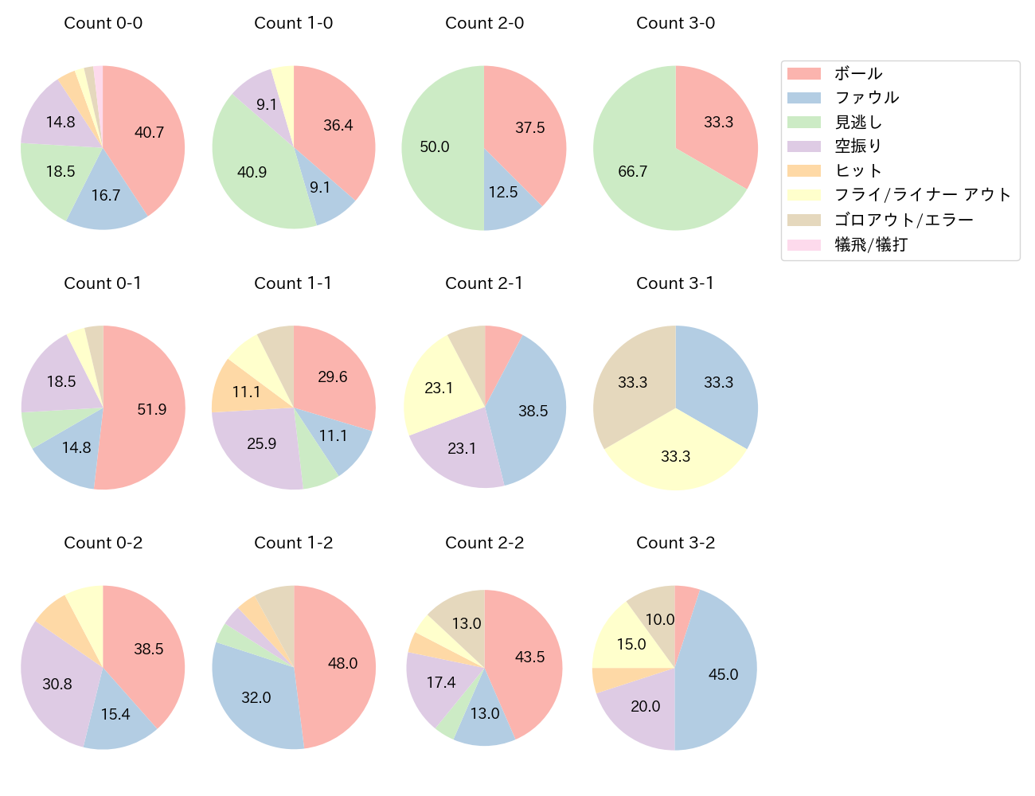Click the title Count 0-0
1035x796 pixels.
click(x=103, y=23)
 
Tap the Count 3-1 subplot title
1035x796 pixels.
click(x=675, y=283)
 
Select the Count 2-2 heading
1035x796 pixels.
click(x=484, y=543)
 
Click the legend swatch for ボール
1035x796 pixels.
click(x=803, y=74)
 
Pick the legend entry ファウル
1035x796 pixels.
click(x=866, y=98)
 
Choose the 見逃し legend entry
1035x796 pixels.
click(x=858, y=123)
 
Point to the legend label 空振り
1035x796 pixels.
click(x=858, y=146)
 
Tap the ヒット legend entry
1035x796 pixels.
click(x=858, y=170)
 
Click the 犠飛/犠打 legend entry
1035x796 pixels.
click(x=870, y=244)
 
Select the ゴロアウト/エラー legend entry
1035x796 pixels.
click(x=904, y=220)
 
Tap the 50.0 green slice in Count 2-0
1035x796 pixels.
click(x=438, y=148)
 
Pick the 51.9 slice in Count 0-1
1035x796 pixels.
click(x=147, y=410)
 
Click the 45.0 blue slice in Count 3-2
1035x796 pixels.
click(x=721, y=677)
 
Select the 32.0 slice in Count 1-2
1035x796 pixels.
click(x=255, y=696)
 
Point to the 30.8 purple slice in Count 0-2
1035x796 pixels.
click(x=57, y=684)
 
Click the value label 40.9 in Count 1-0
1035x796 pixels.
click(x=252, y=172)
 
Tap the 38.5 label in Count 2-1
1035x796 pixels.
click(x=533, y=411)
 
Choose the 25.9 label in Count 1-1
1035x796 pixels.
click(x=261, y=443)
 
